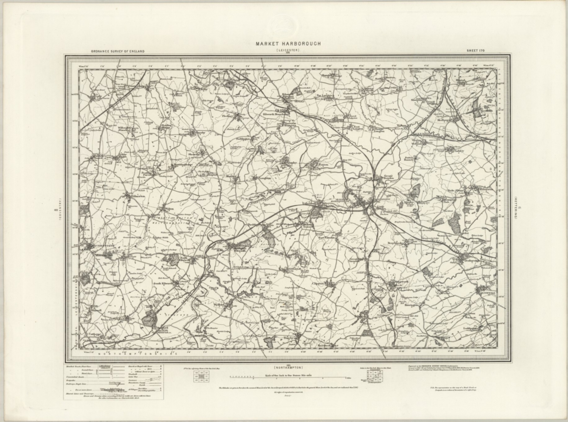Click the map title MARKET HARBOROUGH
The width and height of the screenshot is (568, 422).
pyautogui.click(x=288, y=44)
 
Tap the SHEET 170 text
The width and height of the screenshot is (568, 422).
pyautogui.click(x=475, y=51)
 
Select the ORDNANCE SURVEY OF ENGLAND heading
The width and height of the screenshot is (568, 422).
pyautogui.click(x=118, y=51)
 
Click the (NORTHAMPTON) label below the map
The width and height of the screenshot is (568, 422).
pyautogui.click(x=288, y=368)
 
